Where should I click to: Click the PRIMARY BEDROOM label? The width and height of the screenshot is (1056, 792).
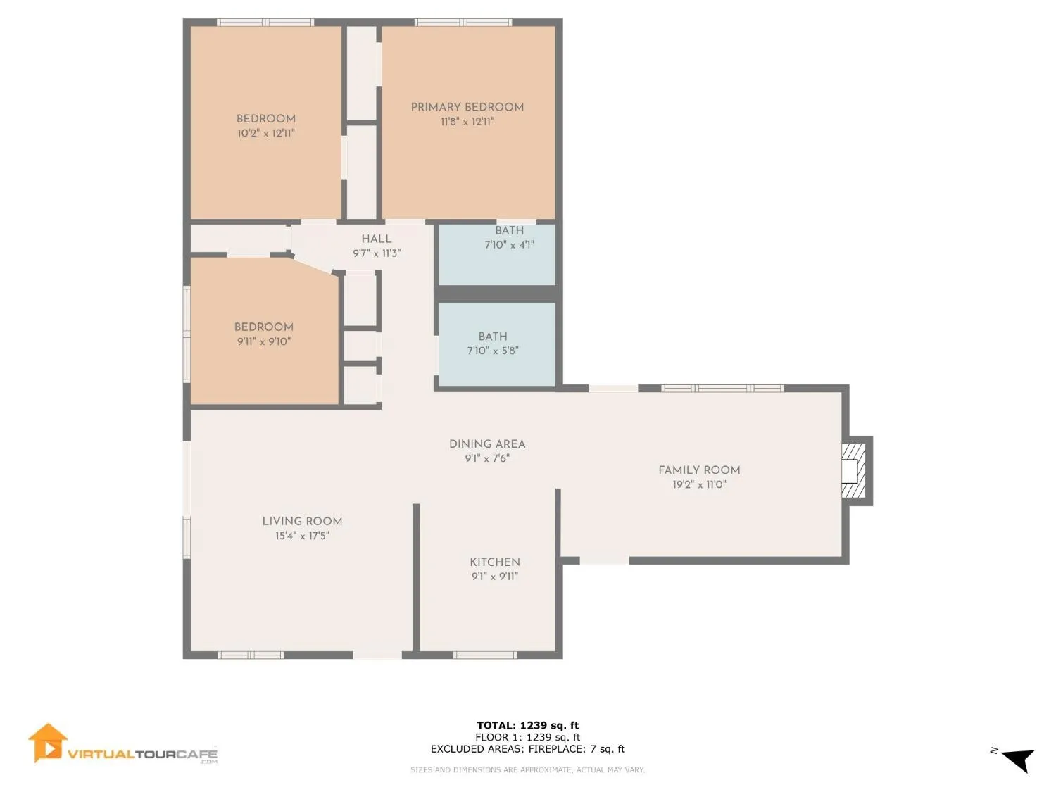(x=467, y=107)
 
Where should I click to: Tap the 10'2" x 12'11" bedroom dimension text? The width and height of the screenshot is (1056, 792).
(x=265, y=133)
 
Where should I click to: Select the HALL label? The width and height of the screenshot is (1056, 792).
(x=376, y=239)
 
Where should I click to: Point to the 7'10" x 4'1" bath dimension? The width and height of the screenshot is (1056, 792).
(x=509, y=245)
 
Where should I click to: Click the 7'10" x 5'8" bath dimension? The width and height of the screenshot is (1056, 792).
(x=493, y=351)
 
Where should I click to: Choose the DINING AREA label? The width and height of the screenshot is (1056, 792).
(x=487, y=444)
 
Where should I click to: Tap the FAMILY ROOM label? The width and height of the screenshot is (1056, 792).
(x=699, y=470)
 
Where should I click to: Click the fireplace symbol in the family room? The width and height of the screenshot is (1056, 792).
(x=855, y=470)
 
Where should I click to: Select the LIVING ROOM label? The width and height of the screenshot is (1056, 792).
(x=302, y=521)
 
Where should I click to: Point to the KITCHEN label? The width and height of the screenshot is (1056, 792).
(x=495, y=562)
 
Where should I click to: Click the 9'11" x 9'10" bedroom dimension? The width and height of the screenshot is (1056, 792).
(x=264, y=341)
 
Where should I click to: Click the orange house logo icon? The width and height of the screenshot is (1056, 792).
(x=47, y=743)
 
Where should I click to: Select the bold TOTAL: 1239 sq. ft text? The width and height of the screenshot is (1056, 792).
(x=528, y=725)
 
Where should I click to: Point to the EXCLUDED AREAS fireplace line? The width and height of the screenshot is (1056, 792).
(x=528, y=749)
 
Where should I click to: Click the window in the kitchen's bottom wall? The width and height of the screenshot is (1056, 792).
(x=484, y=655)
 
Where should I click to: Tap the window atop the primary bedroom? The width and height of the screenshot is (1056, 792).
(x=463, y=22)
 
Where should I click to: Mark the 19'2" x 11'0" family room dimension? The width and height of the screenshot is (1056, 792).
(x=699, y=484)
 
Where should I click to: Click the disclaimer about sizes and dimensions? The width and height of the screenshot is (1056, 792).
(x=527, y=770)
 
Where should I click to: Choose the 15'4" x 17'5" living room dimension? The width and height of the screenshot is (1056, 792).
(x=302, y=535)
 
